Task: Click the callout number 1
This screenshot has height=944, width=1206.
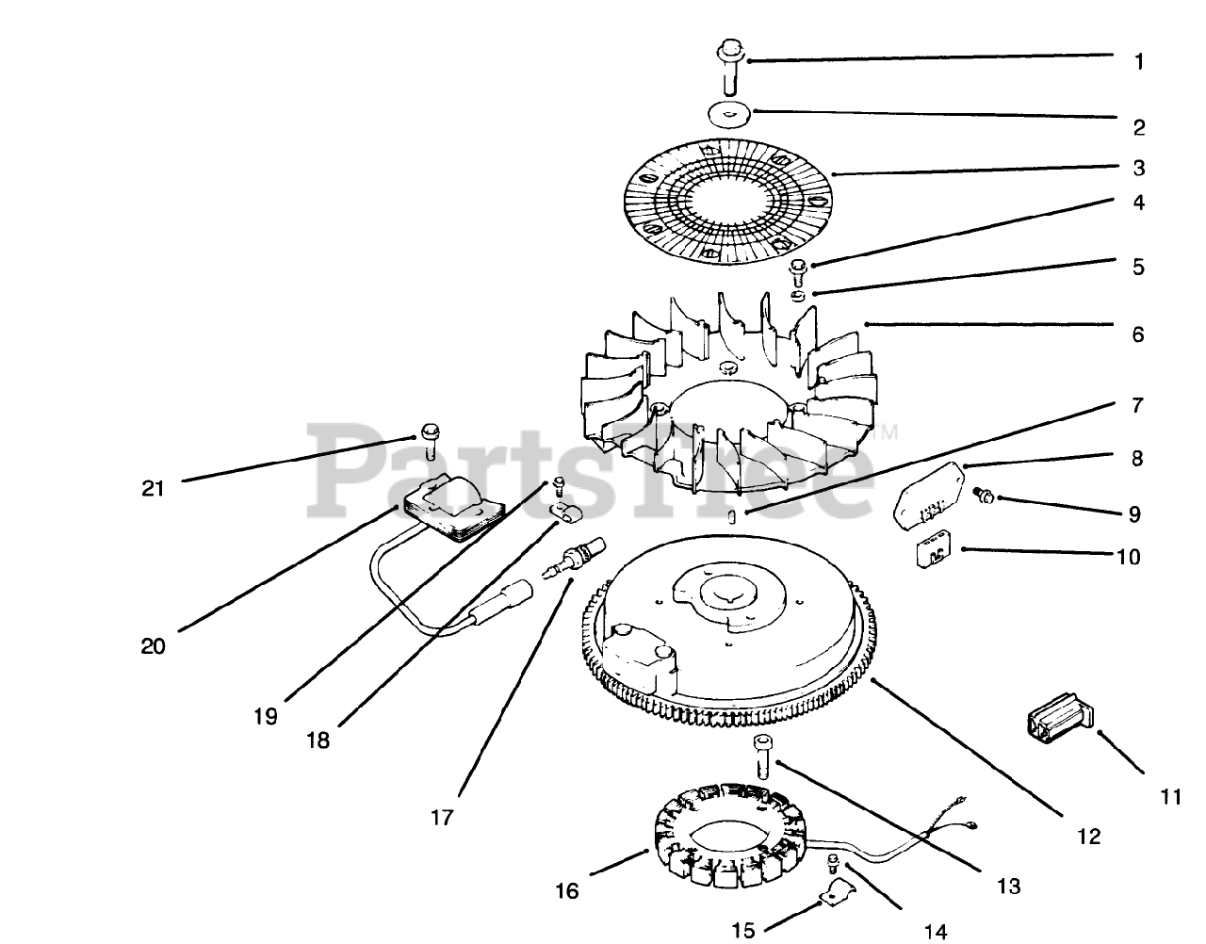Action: click(1138, 62)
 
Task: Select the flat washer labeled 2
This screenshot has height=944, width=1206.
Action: click(730, 113)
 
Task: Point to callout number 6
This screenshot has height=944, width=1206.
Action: click(1138, 334)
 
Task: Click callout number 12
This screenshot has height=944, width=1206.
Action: click(1088, 836)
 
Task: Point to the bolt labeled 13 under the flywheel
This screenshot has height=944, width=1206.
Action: click(761, 754)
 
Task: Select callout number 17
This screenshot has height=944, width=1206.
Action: click(443, 817)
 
